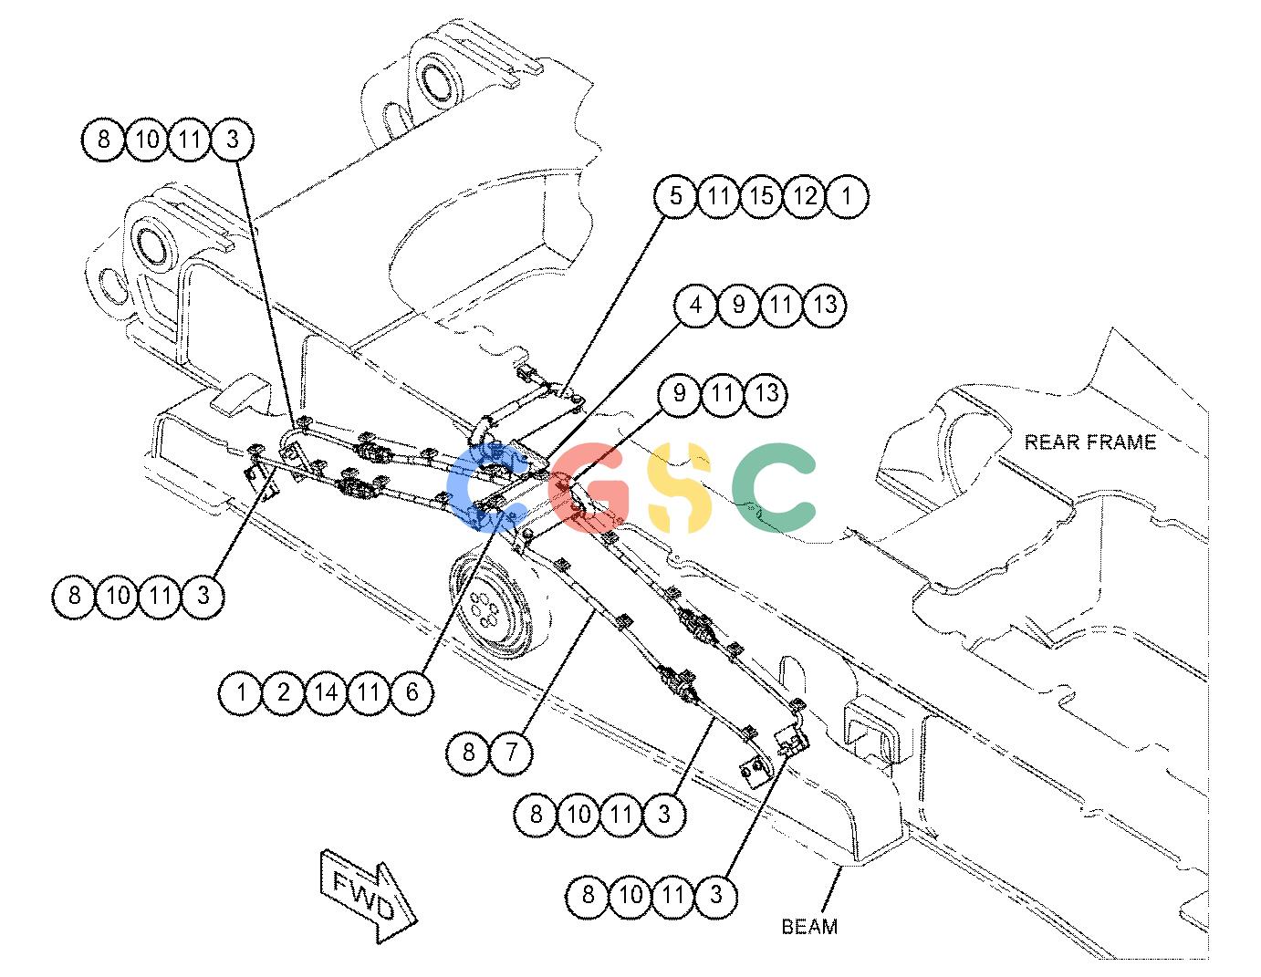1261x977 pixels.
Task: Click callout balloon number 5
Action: point(675,196)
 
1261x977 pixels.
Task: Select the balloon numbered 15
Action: point(761,196)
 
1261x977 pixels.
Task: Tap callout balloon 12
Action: point(804,196)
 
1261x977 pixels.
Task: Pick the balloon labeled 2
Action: point(283,692)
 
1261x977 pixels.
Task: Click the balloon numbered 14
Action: point(326,692)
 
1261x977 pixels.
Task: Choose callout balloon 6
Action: point(412,692)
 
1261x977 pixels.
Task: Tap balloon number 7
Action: point(511,753)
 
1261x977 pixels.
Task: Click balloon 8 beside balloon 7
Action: point(468,753)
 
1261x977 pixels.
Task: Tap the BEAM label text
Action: point(809,927)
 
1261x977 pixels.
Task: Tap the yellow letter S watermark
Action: point(678,487)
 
